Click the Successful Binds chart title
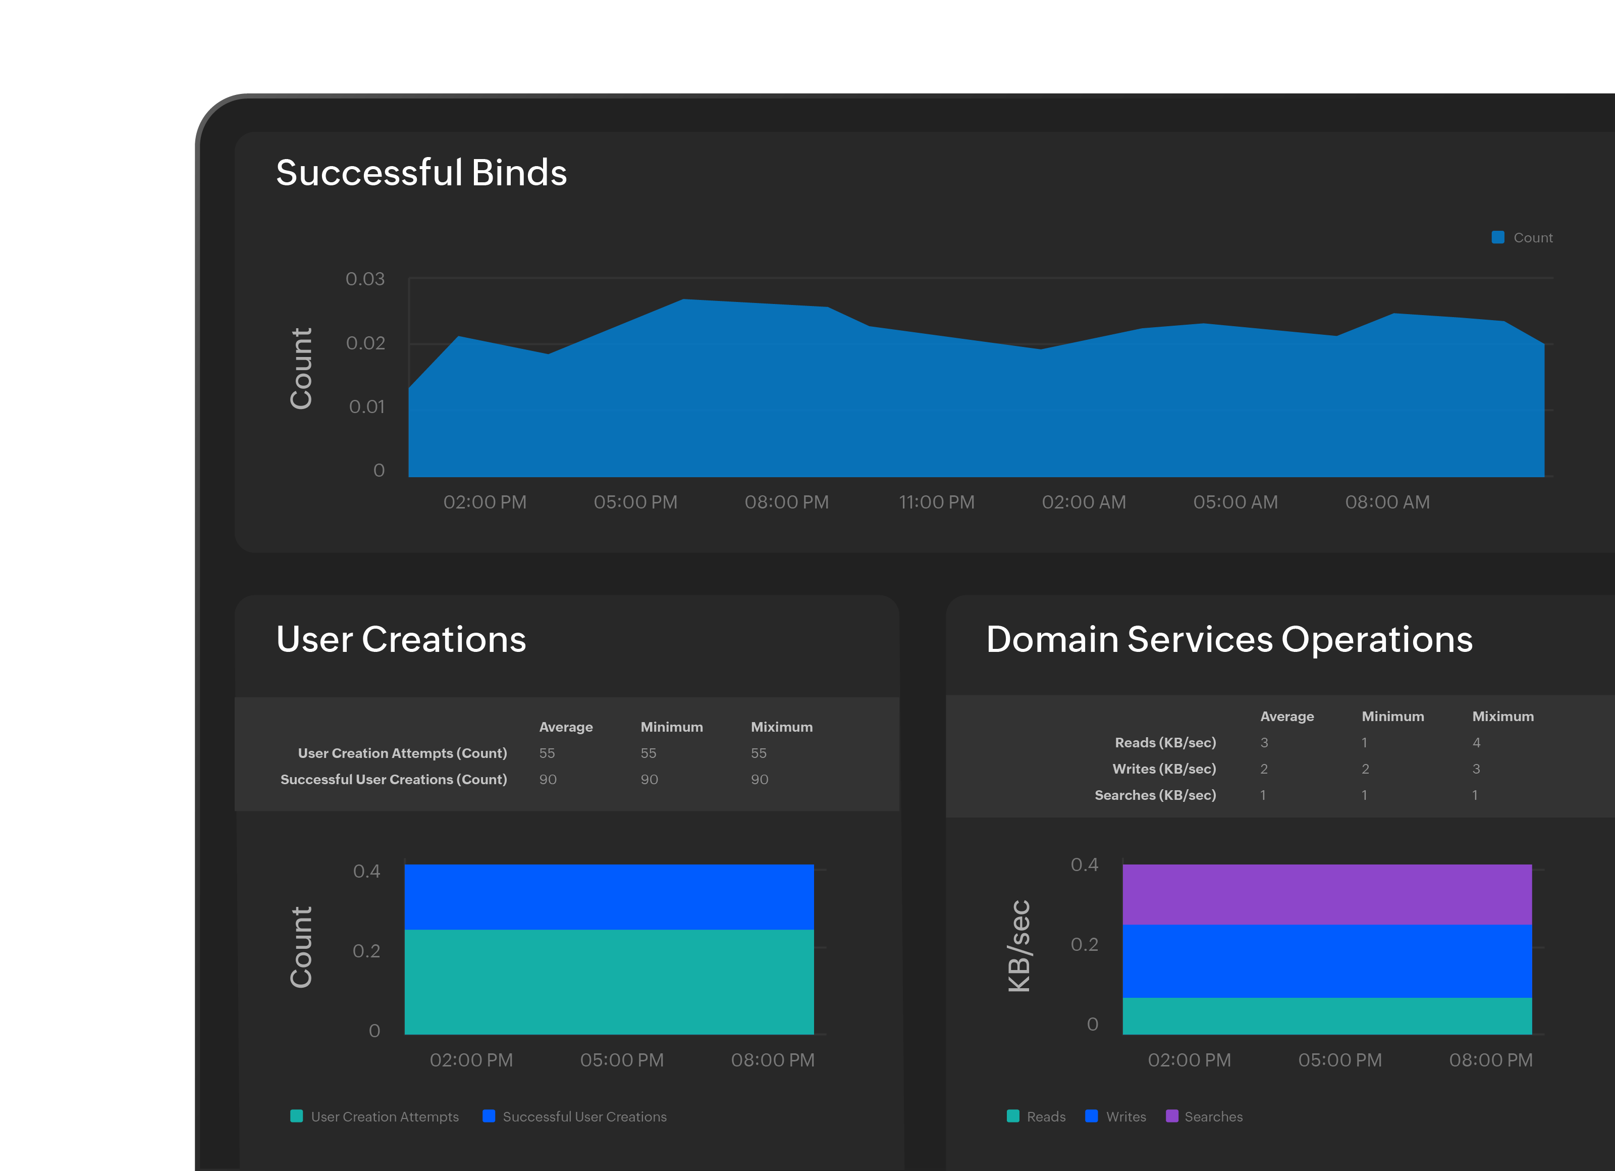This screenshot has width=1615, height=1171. coord(421,173)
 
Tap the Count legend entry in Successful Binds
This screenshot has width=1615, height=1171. coord(1523,238)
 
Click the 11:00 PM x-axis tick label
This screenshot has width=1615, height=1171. coord(936,502)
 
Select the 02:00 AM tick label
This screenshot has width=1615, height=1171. coord(1083,502)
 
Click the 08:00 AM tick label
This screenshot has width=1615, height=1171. coord(1386,502)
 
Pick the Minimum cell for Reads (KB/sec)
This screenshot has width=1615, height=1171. coord(1364,743)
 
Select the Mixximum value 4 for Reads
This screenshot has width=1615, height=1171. coord(1476,743)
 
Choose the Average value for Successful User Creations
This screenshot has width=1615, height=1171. coord(547,780)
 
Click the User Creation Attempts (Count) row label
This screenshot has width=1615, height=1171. coord(402,753)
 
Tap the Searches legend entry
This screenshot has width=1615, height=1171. coord(1204,1117)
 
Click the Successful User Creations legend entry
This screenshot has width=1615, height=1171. coord(575,1117)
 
